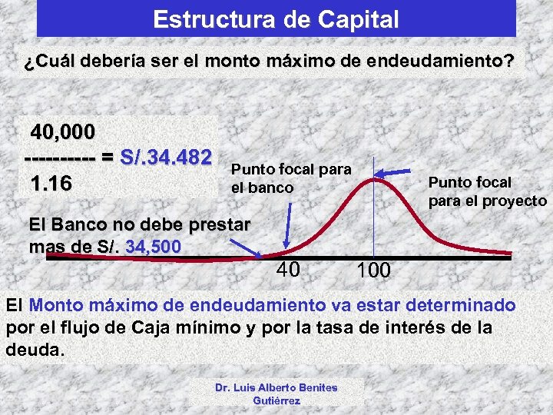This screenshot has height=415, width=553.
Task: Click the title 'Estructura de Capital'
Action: pos(276,19)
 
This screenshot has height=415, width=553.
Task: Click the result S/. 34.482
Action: pos(166,158)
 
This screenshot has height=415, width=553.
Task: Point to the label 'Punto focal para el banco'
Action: pos(291,178)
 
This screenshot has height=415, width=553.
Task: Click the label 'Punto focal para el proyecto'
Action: pos(487,191)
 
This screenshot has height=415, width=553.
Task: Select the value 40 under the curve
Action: pos(288,269)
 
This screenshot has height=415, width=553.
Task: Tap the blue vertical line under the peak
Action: pos(373,223)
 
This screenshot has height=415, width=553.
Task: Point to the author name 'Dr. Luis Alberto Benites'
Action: pos(276,387)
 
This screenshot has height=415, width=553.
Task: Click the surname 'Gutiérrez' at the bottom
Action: pos(276,400)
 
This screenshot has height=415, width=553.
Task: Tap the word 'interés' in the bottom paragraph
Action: pos(418,327)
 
